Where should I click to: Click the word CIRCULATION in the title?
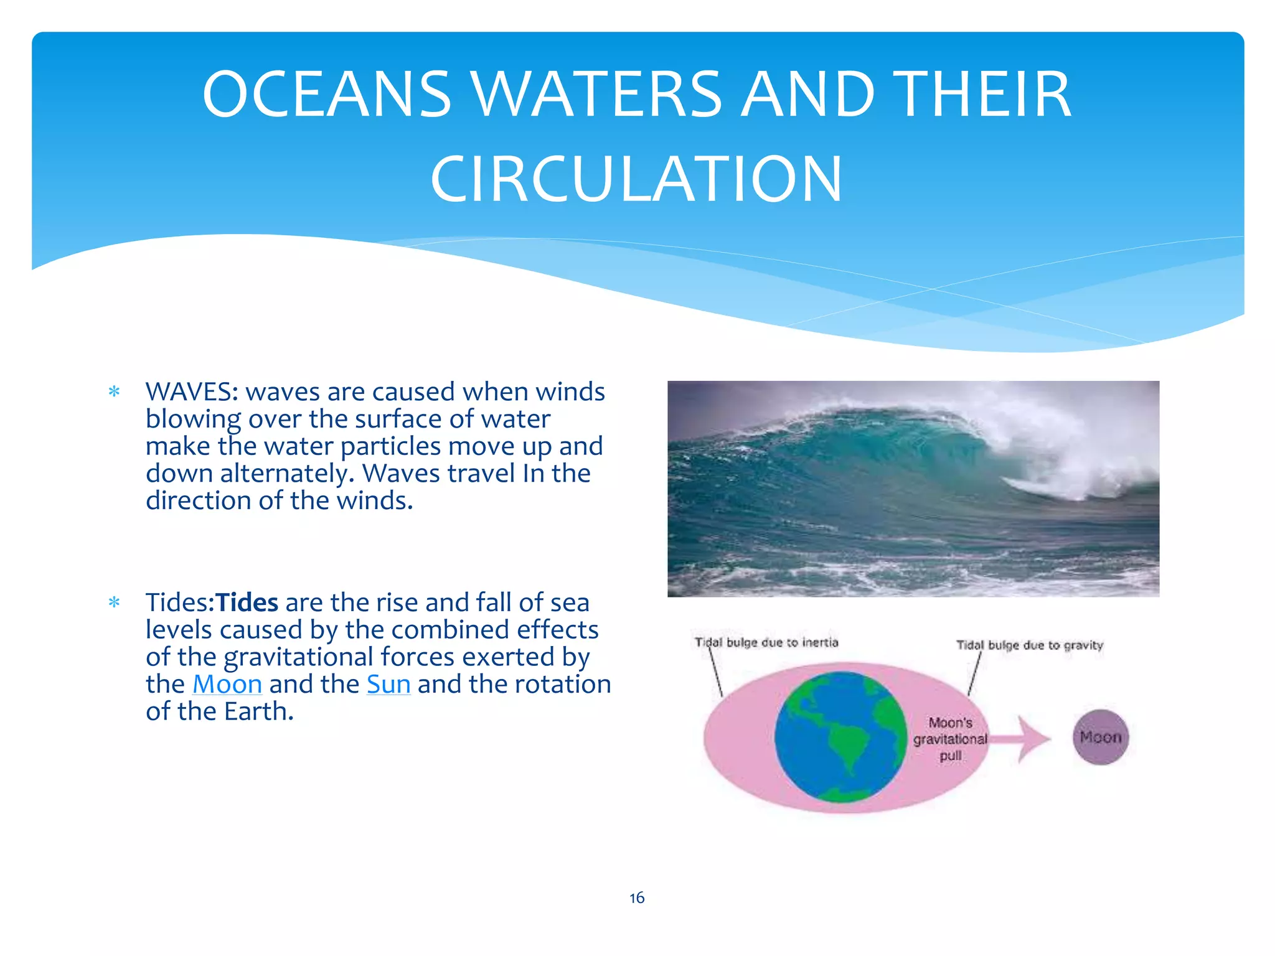(636, 179)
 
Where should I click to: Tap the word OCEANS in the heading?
(327, 94)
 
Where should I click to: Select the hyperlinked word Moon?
(227, 684)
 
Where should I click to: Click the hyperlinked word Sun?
(388, 684)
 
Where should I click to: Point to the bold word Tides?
(247, 602)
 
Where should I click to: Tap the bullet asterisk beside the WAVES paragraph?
(114, 392)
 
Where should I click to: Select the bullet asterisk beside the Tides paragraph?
(114, 602)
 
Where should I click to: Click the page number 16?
(636, 897)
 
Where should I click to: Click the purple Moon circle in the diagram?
(1100, 738)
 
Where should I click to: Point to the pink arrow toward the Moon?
(1024, 739)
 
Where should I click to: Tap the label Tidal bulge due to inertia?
(766, 642)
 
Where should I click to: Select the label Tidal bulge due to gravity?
(1029, 645)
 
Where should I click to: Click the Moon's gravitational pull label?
(950, 739)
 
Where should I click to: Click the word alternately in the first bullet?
(286, 474)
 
